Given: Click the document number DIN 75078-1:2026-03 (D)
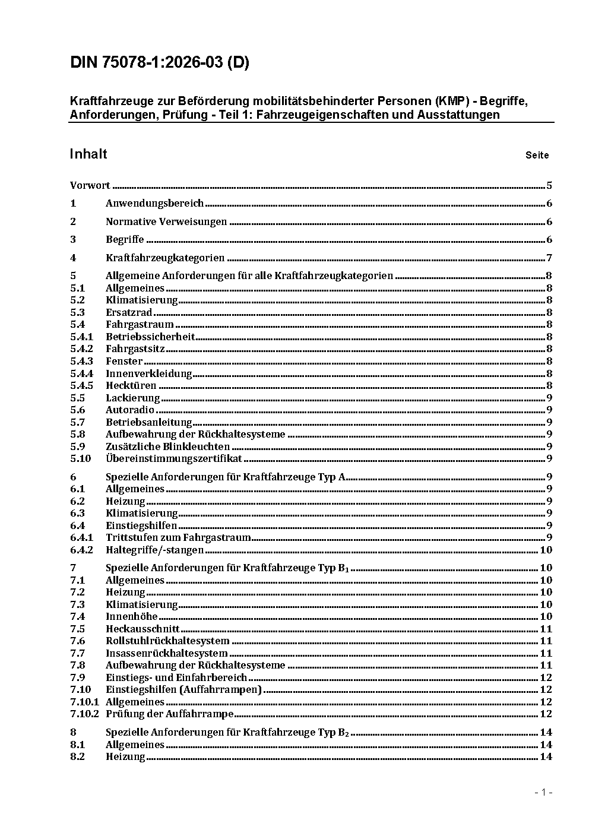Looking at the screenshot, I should click(x=159, y=63).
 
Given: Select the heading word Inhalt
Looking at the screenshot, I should click(x=88, y=154).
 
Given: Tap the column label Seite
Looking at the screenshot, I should click(x=537, y=156).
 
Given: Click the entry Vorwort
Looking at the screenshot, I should click(x=90, y=185).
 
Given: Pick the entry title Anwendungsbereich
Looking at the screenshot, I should click(x=154, y=204).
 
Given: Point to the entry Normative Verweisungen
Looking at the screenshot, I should click(x=166, y=222).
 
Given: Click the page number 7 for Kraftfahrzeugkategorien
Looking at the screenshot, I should click(x=549, y=258).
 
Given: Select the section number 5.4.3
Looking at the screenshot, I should click(x=81, y=361).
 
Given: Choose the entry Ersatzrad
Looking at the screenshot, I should click(x=129, y=312).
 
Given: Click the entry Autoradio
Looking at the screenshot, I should click(x=130, y=410).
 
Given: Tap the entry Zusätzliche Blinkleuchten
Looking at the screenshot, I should click(x=167, y=446).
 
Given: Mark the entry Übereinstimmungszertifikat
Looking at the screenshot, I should click(x=173, y=458).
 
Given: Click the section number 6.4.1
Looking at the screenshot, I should click(x=81, y=537).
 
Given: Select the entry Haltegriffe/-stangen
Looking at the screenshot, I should click(x=154, y=550).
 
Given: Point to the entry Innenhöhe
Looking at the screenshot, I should click(x=131, y=616).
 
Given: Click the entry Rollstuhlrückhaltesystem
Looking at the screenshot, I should click(x=167, y=641).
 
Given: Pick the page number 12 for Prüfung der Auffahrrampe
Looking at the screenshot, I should click(x=546, y=714).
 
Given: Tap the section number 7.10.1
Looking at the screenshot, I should click(x=84, y=702).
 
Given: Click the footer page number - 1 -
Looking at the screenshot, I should click(x=543, y=792).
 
